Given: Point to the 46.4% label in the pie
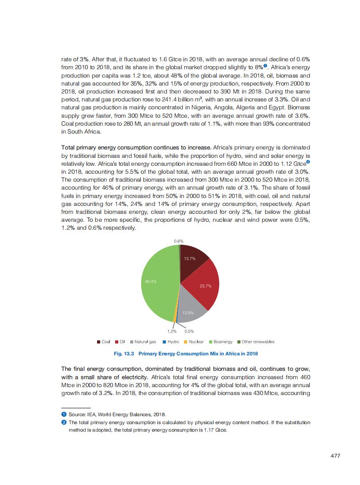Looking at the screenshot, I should click(150, 281).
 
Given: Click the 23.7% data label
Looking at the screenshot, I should click(206, 286).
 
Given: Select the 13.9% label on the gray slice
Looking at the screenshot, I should click(188, 313).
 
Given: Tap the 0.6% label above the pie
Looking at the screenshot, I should click(179, 241).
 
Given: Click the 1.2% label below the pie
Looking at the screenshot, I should click(172, 331).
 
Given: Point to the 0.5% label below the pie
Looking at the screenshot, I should click(189, 331).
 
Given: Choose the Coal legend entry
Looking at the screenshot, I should click(104, 342).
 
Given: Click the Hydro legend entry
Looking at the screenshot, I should click(170, 342).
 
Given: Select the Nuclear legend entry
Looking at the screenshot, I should click(194, 342).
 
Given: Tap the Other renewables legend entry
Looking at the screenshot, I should click(255, 342).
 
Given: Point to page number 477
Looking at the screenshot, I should click(335, 456).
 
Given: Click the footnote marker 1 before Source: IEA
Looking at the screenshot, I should click(64, 415).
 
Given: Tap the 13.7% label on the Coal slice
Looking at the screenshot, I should click(190, 258).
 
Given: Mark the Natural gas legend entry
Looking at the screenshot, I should click(142, 342).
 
